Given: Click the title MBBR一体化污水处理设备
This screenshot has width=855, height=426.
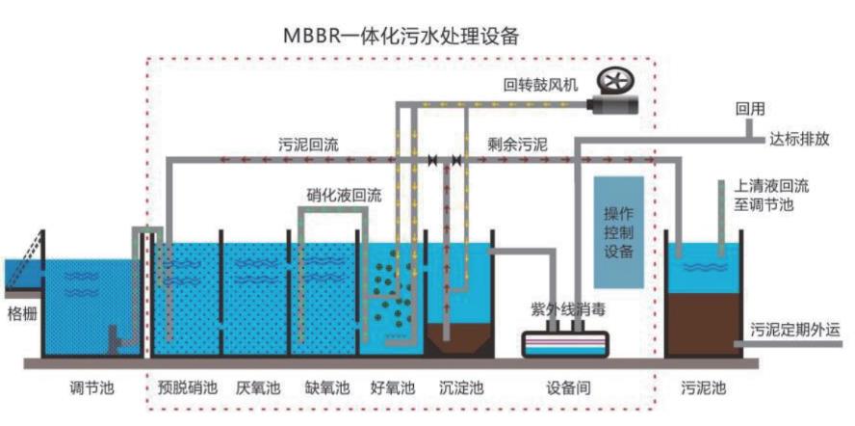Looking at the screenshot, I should [x=402, y=36].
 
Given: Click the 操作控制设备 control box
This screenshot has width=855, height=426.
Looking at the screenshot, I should [x=618, y=231].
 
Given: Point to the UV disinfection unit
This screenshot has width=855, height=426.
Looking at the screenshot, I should [x=563, y=343].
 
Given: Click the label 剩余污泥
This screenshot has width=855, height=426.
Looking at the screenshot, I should [x=517, y=146].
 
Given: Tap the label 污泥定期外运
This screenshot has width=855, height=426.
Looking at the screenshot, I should [x=795, y=328].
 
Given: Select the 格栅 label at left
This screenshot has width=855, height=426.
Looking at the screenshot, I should [x=21, y=312].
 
